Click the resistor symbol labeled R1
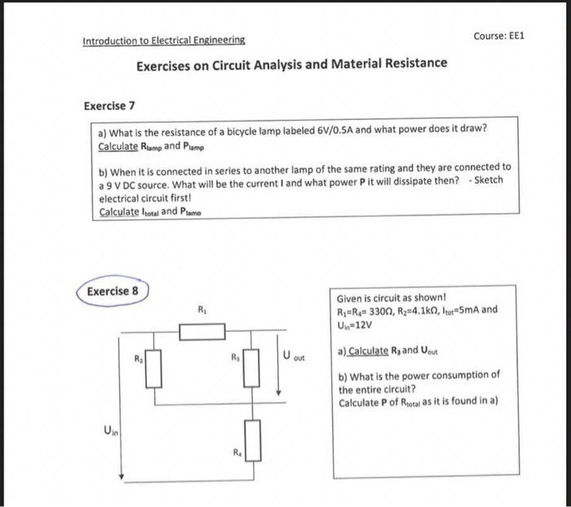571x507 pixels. pyautogui.click(x=201, y=331)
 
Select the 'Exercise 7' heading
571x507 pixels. pyautogui.click(x=109, y=106)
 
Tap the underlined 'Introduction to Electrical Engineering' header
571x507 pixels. pyautogui.click(x=162, y=40)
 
